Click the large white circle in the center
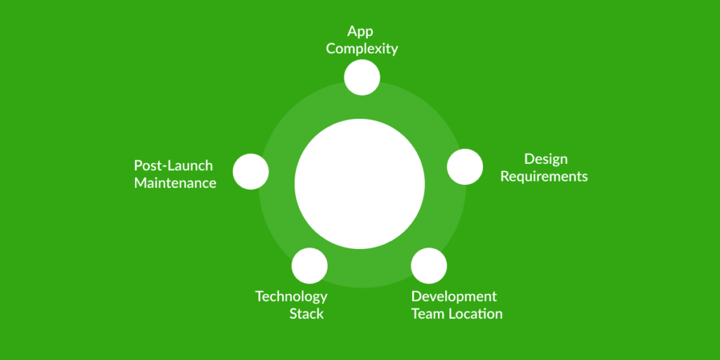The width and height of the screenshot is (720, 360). pyautogui.click(x=359, y=184)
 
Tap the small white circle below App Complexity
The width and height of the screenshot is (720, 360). pyautogui.click(x=362, y=77)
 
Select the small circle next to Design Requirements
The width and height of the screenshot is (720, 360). pyautogui.click(x=465, y=167)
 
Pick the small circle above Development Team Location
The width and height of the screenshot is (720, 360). pyautogui.click(x=429, y=265)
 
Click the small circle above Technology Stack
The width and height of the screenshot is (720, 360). pyautogui.click(x=309, y=265)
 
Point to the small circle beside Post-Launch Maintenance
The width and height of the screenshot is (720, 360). pyautogui.click(x=250, y=172)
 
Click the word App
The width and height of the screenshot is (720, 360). pyautogui.click(x=360, y=32)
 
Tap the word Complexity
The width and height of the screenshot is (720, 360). pyautogui.click(x=361, y=49)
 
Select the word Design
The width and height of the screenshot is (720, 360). pyautogui.click(x=546, y=159)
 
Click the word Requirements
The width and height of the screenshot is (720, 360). pyautogui.click(x=544, y=176)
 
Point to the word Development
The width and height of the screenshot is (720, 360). pyautogui.click(x=454, y=296)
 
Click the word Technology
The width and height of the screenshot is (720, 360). pyautogui.click(x=291, y=296)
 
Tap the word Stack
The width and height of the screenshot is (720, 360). pyautogui.click(x=307, y=314)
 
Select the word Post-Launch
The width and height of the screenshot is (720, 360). pyautogui.click(x=173, y=166)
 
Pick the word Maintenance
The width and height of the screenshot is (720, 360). pyautogui.click(x=175, y=184)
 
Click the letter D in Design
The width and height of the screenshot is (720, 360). pyautogui.click(x=529, y=159)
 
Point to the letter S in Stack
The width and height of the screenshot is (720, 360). pyautogui.click(x=293, y=314)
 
